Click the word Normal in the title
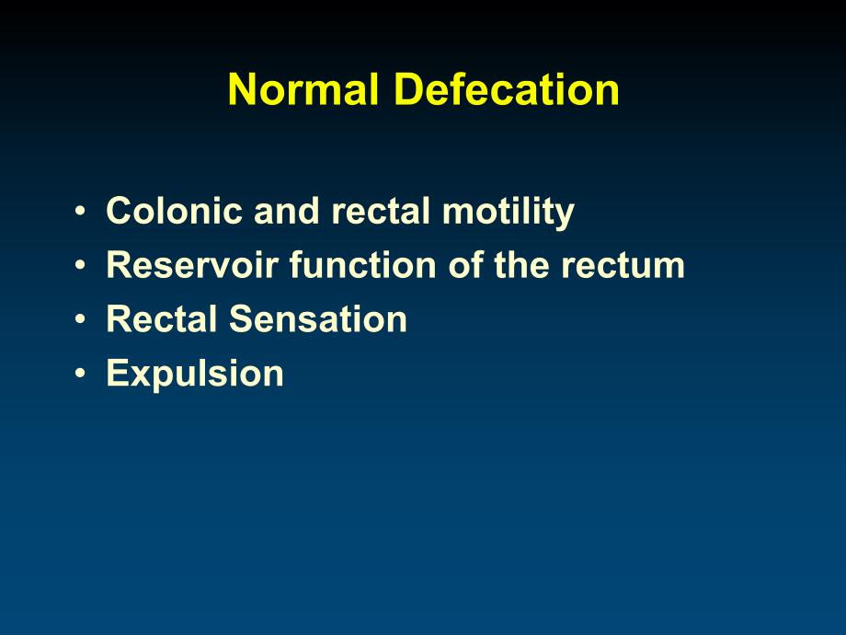[x=303, y=89]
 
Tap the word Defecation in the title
[x=507, y=89]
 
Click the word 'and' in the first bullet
[x=287, y=210]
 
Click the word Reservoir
[x=192, y=265]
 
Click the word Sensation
[x=318, y=318]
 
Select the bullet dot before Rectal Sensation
[x=80, y=318]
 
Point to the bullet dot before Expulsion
[x=80, y=373]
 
